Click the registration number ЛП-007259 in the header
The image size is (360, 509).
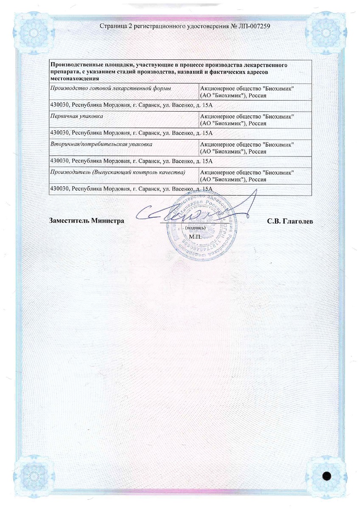(251, 26)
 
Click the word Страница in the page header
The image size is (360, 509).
(112, 26)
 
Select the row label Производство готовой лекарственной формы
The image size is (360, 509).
(110, 88)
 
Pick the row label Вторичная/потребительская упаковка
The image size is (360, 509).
(101, 145)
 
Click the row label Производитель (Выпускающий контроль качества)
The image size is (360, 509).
(118, 173)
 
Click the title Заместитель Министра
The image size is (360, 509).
(87, 221)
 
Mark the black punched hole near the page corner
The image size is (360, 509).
(326, 475)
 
